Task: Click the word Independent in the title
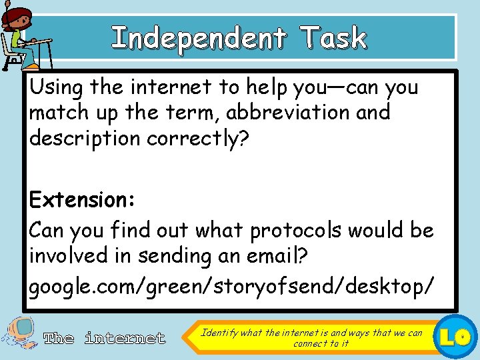pyautogui.click(x=198, y=38)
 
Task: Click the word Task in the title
pyautogui.click(x=333, y=38)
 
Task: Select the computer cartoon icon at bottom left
pyautogui.click(x=20, y=337)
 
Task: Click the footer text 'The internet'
pyautogui.click(x=104, y=339)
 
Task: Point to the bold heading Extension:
pyautogui.click(x=83, y=199)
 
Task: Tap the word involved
pyautogui.click(x=74, y=256)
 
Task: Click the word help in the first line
pyautogui.click(x=272, y=87)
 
